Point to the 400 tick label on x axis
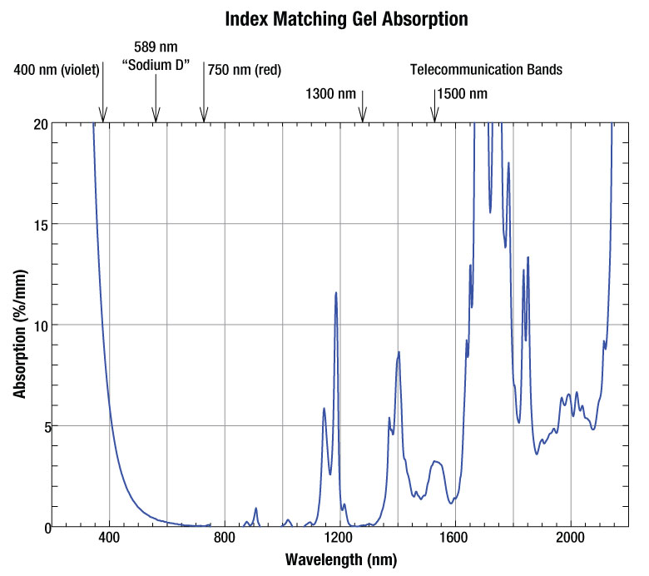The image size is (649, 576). pyautogui.click(x=109, y=539)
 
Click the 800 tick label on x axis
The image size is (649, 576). pyautogui.click(x=225, y=539)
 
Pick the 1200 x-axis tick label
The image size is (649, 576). pyautogui.click(x=339, y=539)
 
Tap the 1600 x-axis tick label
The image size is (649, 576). pyautogui.click(x=455, y=539)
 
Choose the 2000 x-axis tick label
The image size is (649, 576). pyautogui.click(x=571, y=539)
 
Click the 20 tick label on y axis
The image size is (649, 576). pyautogui.click(x=39, y=123)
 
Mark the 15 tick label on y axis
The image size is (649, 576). pyautogui.click(x=39, y=224)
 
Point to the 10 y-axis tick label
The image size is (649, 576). pyautogui.click(x=39, y=325)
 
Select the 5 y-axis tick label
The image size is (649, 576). pyautogui.click(x=42, y=426)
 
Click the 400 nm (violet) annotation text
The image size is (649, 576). pyautogui.click(x=57, y=70)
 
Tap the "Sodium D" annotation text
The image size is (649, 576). pyautogui.click(x=156, y=64)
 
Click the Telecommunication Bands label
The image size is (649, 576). pyautogui.click(x=486, y=70)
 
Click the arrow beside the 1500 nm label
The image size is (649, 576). pyautogui.click(x=433, y=106)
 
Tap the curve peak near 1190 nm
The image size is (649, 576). pyautogui.click(x=336, y=293)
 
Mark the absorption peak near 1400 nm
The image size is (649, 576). pyautogui.click(x=399, y=352)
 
